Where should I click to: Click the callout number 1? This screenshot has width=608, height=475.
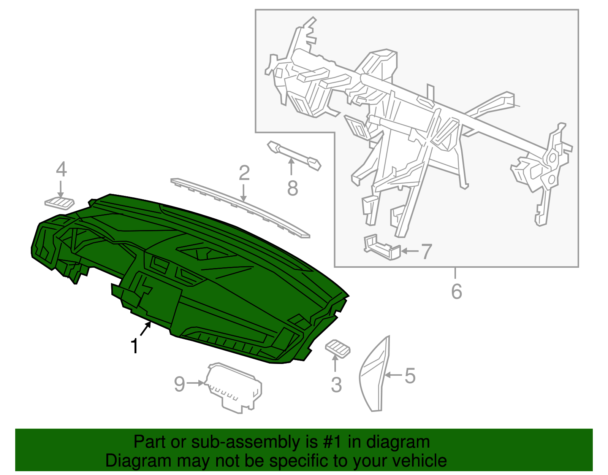[x=135, y=346]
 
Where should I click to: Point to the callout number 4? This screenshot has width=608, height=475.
[x=61, y=169]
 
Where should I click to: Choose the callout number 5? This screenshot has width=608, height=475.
[x=410, y=376]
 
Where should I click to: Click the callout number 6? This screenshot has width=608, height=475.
[x=456, y=291]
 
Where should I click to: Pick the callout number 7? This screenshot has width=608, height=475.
[x=426, y=251]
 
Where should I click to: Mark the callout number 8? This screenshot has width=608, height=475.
[x=292, y=188]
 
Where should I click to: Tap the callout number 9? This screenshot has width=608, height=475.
[x=179, y=384]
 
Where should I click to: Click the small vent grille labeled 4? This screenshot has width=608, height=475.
[x=59, y=203]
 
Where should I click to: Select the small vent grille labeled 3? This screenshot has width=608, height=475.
[x=337, y=349]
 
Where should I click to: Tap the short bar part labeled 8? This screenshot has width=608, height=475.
[x=294, y=156]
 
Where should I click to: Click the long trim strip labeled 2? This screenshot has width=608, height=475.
[x=241, y=208]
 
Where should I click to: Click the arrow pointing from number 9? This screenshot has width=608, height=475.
[x=195, y=383]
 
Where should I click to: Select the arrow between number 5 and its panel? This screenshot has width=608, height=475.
[x=394, y=375]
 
